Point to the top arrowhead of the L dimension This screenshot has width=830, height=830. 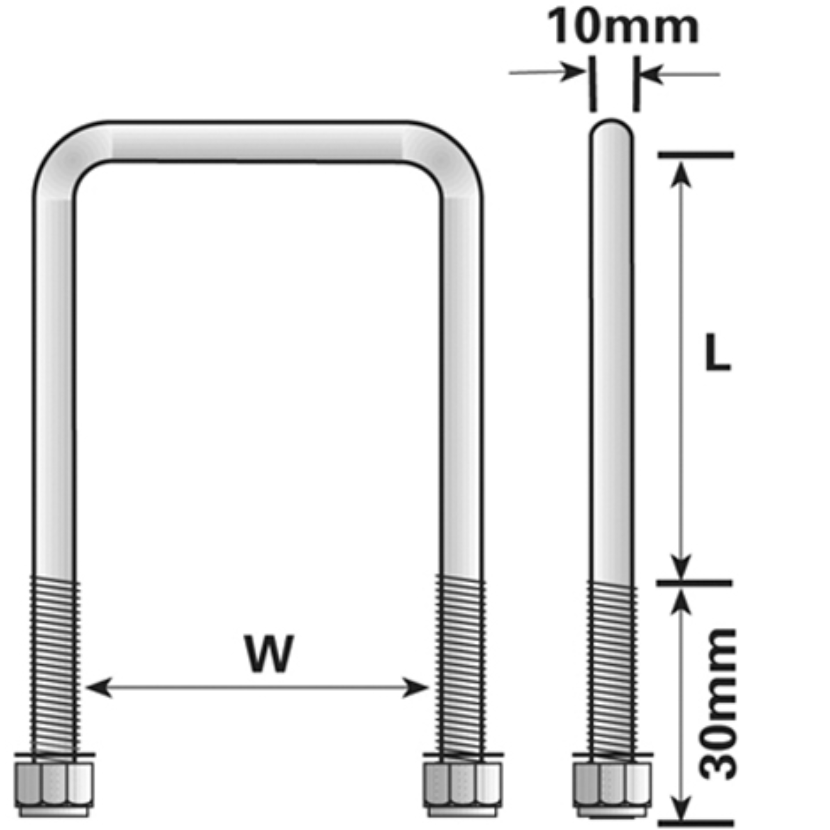coord(681,174)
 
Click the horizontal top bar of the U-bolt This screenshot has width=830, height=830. coord(258,142)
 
